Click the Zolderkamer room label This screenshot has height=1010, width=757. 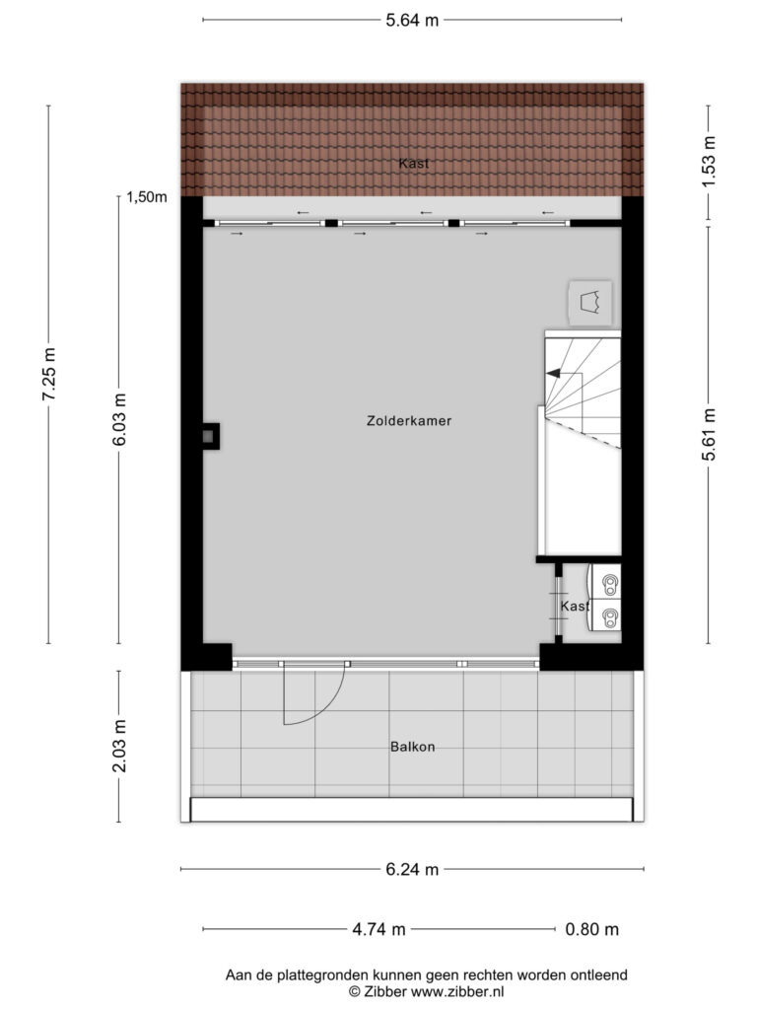(x=409, y=420)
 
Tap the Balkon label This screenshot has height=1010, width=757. (x=413, y=747)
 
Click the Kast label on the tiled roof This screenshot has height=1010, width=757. (x=413, y=163)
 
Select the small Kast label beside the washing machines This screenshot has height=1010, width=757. (x=575, y=607)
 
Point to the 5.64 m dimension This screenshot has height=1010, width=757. (x=412, y=20)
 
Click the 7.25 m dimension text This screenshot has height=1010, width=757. (x=49, y=374)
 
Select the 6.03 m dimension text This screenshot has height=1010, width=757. (x=119, y=419)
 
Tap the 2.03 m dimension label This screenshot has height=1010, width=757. (x=119, y=746)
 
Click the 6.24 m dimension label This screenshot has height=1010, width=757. (x=412, y=870)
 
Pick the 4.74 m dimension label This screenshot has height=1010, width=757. (x=378, y=929)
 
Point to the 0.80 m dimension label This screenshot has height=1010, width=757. (x=591, y=929)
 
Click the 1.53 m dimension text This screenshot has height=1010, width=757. (x=709, y=163)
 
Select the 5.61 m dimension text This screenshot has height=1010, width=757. (x=709, y=435)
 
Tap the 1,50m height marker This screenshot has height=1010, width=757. (x=147, y=197)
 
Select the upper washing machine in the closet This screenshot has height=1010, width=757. (x=605, y=582)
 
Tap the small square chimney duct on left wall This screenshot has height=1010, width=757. (x=211, y=436)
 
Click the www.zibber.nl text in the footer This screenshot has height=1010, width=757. (x=457, y=991)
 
